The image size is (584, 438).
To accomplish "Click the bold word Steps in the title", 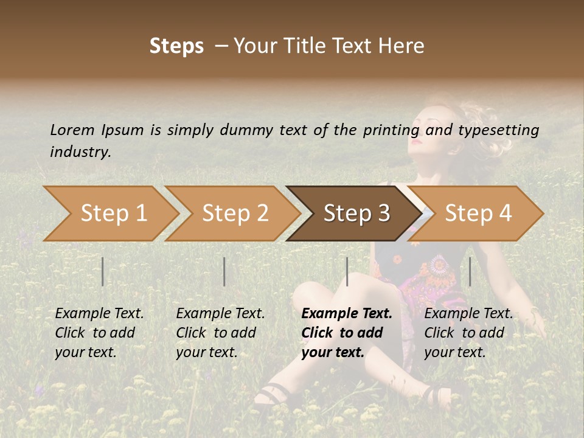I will pos(176,46).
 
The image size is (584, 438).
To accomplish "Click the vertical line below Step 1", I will pos(103,271).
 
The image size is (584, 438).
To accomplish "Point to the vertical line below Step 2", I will pos(224,271).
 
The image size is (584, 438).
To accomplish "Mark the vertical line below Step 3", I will pos(347,271).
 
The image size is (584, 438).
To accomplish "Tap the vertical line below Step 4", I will pos(470,271).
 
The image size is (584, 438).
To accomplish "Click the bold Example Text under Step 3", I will pos(347,314).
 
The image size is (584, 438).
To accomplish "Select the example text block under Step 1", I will pos(99,333).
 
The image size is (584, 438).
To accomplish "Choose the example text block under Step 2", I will pos(220,333).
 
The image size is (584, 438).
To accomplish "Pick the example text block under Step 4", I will pos(468,333).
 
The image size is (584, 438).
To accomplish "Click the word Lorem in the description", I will pos(72,130).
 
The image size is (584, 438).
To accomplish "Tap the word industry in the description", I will pos(80,152).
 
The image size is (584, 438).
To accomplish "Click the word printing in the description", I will pos(391,130).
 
